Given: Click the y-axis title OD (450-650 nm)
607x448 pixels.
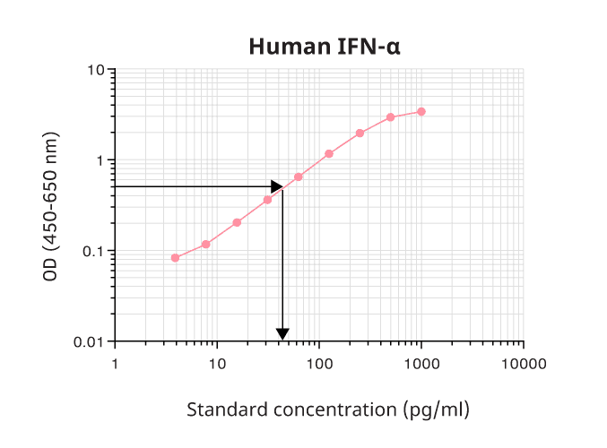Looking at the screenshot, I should [50, 206].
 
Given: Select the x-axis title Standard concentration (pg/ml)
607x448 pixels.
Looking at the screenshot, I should [327, 409].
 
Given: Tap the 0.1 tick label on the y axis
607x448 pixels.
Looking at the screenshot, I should [93, 251].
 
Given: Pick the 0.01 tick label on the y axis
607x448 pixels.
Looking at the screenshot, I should [90, 341].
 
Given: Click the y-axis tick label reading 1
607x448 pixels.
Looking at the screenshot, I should [100, 160].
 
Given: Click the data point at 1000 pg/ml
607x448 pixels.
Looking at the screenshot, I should [421, 112].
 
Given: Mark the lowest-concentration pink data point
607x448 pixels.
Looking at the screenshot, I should [175, 258].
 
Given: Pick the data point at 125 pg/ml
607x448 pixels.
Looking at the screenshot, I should [329, 154].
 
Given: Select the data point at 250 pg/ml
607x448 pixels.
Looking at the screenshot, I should [360, 134].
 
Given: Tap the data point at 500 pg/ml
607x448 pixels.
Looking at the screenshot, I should [391, 117].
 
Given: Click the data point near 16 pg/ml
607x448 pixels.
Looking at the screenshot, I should [237, 222].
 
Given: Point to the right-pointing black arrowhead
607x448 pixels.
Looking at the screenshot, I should [277, 186].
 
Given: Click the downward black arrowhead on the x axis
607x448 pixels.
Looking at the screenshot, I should [282, 335].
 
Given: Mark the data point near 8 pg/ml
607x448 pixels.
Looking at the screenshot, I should [206, 244].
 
